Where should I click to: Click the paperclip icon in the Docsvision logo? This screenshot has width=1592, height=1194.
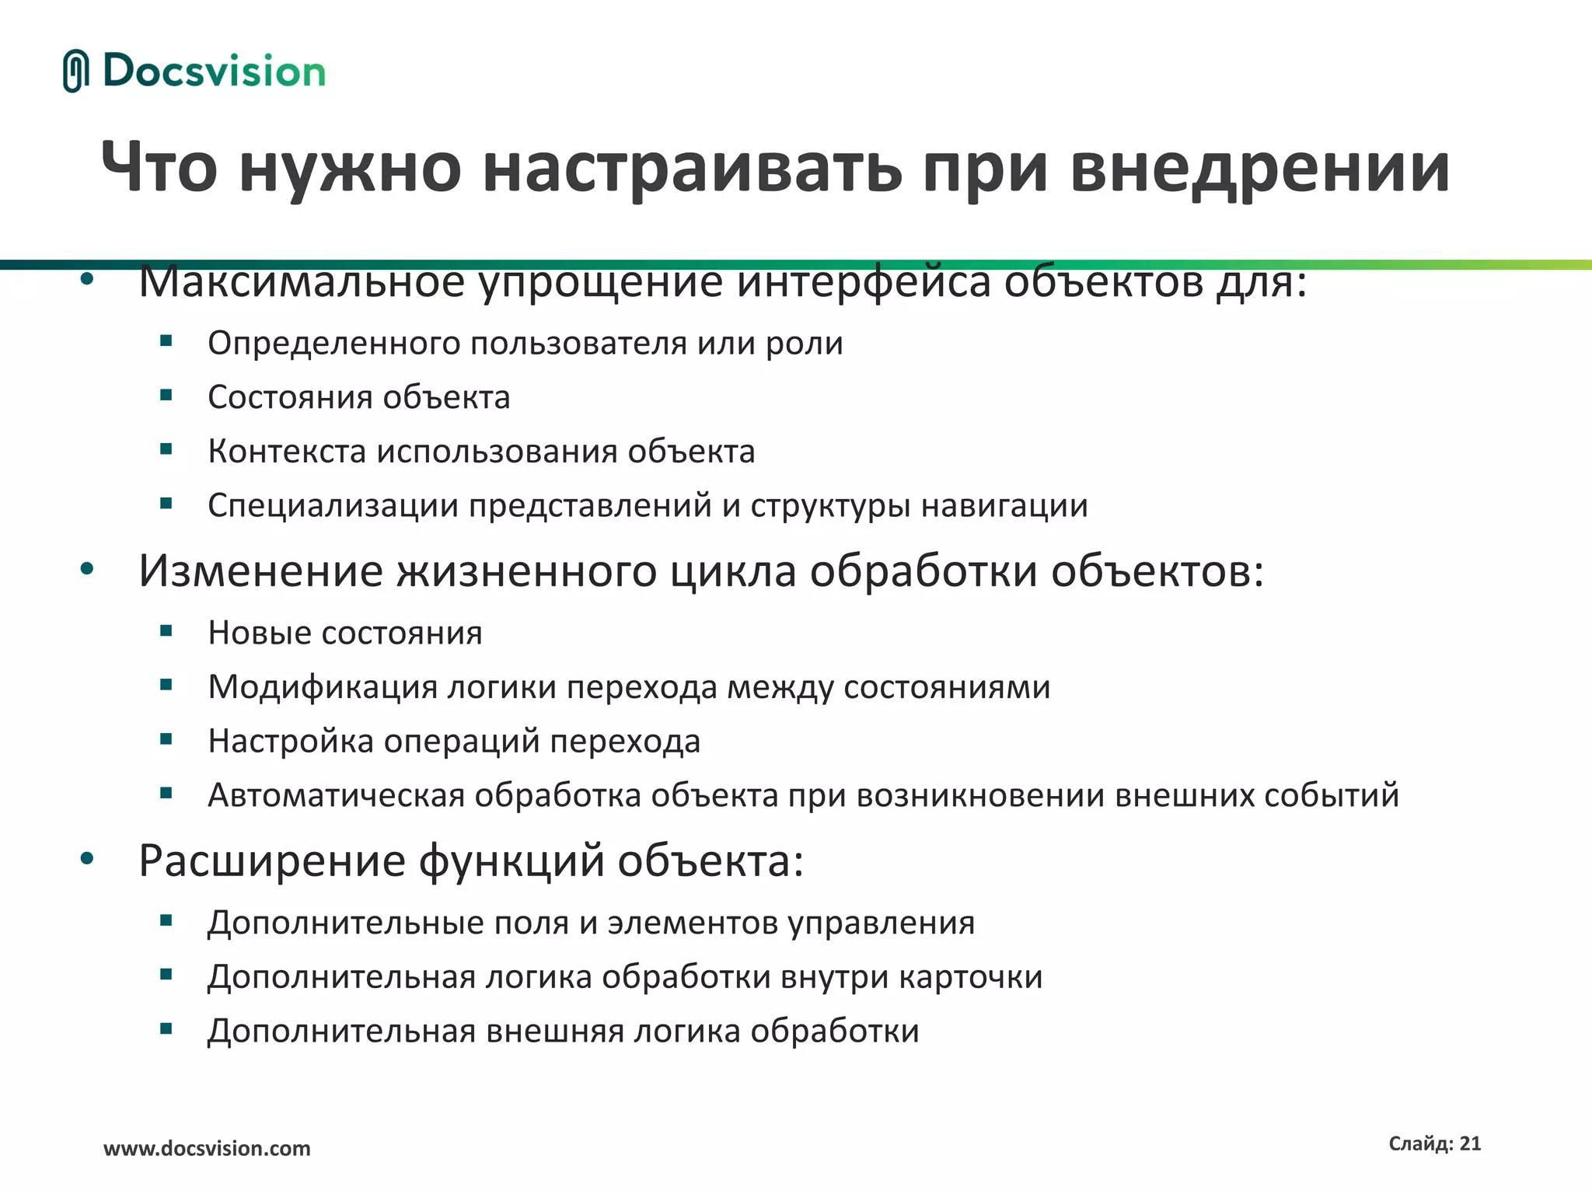pyautogui.click(x=75, y=71)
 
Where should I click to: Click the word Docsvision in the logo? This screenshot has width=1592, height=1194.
pyautogui.click(x=214, y=72)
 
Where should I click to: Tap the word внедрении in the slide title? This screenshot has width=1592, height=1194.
pyautogui.click(x=1259, y=167)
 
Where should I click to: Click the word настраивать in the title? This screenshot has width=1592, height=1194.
pyautogui.click(x=692, y=167)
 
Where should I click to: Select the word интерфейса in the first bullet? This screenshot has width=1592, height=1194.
pyautogui.click(x=864, y=282)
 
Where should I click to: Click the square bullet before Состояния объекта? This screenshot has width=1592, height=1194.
pyautogui.click(x=166, y=395)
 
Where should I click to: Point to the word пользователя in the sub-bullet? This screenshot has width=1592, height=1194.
pyautogui.click(x=578, y=344)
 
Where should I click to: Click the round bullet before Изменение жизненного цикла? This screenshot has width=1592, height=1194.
pyautogui.click(x=87, y=569)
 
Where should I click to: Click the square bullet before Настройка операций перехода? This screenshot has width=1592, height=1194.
pyautogui.click(x=166, y=739)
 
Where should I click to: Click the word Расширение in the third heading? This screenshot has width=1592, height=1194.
pyautogui.click(x=272, y=861)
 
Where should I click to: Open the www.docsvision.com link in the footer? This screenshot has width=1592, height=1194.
pyautogui.click(x=207, y=1148)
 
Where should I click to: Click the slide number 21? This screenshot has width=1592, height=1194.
pyautogui.click(x=1470, y=1143)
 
